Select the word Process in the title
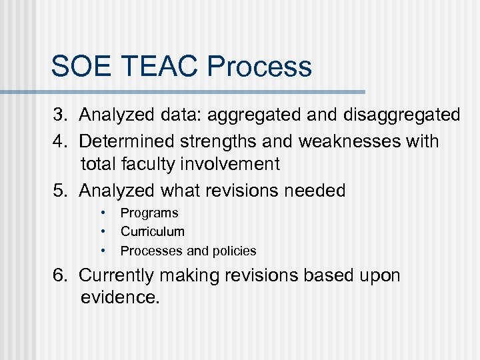[x=259, y=67]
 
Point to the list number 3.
[x=61, y=115]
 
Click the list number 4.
[x=61, y=141]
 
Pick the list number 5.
[x=61, y=191]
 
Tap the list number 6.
[x=61, y=275]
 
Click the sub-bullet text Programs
[x=149, y=213]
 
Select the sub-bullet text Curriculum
[x=153, y=232]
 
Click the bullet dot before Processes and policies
[x=104, y=251]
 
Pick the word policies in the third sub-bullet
[x=234, y=251]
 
